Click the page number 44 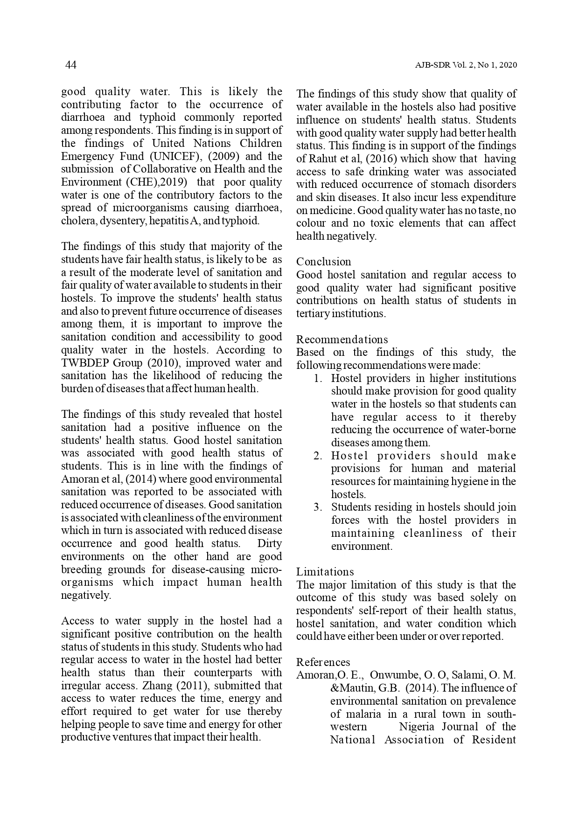pyautogui.click(x=70, y=65)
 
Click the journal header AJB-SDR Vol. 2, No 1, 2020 pyautogui.click(x=466, y=66)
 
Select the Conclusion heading pyautogui.click(x=323, y=262)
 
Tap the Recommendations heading pyautogui.click(x=342, y=340)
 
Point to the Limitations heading pyautogui.click(x=325, y=572)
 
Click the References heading pyautogui.click(x=323, y=662)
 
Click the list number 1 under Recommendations pyautogui.click(x=318, y=379)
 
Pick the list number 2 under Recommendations pyautogui.click(x=318, y=456)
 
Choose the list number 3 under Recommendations pyautogui.click(x=318, y=507)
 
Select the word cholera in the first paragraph pyautogui.click(x=77, y=221)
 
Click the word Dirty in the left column pyautogui.click(x=269, y=544)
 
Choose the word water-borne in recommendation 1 pyautogui.click(x=492, y=430)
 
